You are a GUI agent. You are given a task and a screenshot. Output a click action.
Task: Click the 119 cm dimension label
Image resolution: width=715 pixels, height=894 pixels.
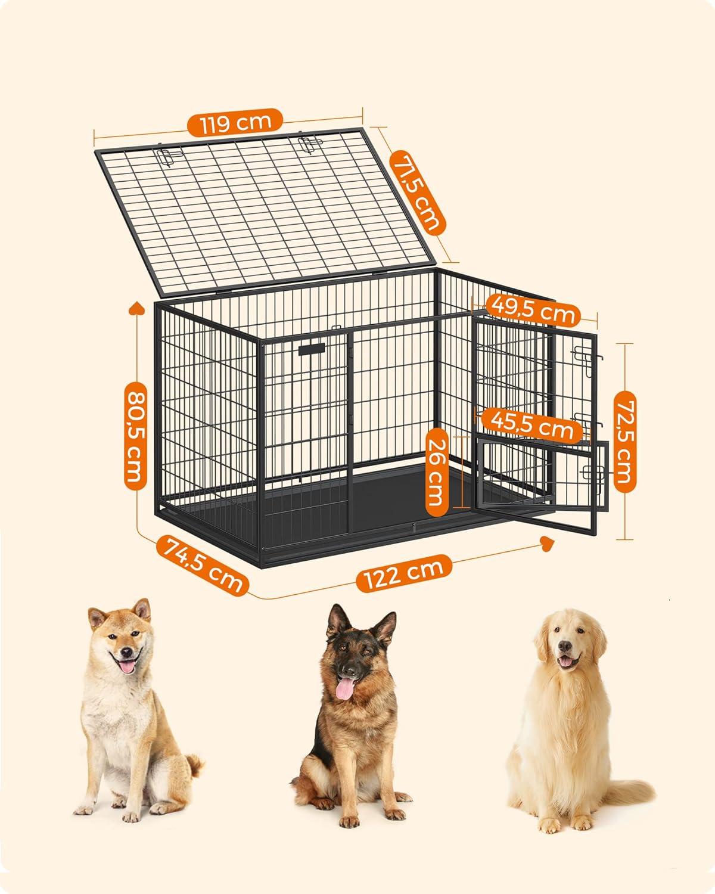click(235, 122)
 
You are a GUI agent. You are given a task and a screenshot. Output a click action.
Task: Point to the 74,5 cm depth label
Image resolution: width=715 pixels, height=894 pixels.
click(202, 565)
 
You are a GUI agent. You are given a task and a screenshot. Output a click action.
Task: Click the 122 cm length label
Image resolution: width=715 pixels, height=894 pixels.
click(403, 573)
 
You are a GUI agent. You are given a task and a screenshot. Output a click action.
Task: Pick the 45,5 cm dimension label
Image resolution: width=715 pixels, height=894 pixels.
click(533, 425)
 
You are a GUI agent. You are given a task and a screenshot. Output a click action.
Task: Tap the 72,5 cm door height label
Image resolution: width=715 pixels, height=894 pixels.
click(625, 441)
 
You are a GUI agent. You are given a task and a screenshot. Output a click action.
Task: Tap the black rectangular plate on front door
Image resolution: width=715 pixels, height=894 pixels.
click(312, 349)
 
